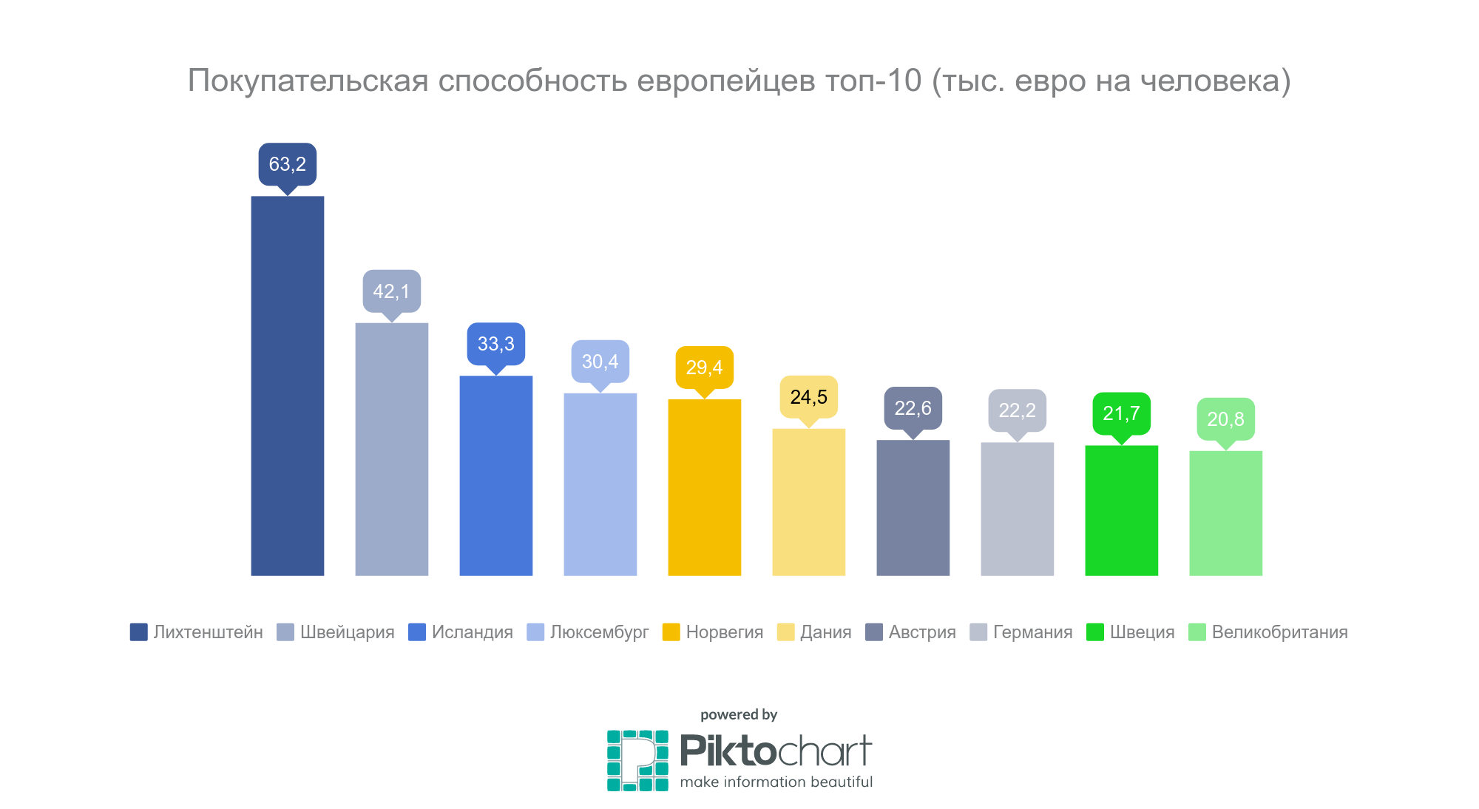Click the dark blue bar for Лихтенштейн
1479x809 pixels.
(288, 385)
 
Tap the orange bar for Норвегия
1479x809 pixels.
(705, 487)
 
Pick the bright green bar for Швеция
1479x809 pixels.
(1121, 510)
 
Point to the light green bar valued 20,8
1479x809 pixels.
(1225, 513)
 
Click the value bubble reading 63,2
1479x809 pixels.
(288, 164)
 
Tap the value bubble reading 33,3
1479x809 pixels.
(496, 344)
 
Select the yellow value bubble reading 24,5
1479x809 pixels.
(809, 397)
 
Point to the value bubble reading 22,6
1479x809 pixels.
(913, 408)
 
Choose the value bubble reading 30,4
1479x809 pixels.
(600, 362)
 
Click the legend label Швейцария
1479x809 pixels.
(347, 632)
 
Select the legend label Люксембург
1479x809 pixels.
(599, 632)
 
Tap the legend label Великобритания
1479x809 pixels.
(1279, 632)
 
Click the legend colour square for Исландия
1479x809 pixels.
(417, 632)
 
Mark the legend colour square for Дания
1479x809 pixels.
(785, 632)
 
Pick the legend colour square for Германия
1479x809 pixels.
(978, 632)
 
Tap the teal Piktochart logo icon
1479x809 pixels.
(637, 760)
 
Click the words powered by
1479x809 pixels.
(739, 714)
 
